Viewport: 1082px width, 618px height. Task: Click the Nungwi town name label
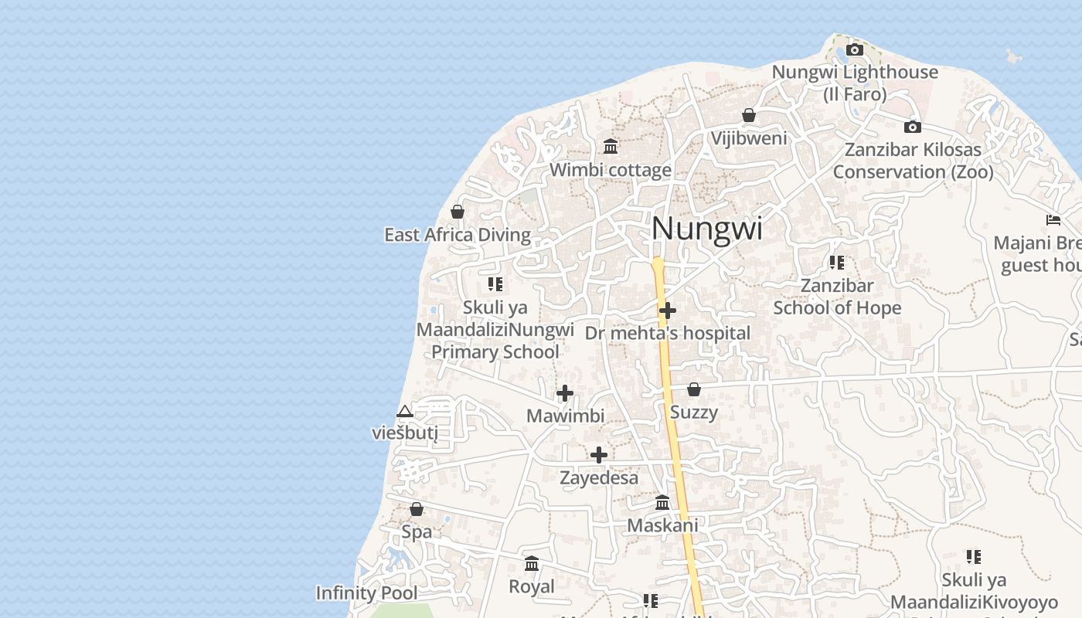click(706, 229)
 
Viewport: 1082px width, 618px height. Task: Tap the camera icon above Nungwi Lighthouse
click(854, 50)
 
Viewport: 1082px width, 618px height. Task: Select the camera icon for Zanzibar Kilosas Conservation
click(913, 127)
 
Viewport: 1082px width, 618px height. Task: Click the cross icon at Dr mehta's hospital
click(668, 311)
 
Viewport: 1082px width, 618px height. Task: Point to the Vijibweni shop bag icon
click(748, 116)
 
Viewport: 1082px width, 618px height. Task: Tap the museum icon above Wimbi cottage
click(611, 146)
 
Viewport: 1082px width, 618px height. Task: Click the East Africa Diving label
click(458, 235)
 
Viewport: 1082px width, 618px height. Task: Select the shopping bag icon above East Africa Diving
click(458, 212)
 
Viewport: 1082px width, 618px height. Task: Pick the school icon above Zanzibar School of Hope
click(836, 263)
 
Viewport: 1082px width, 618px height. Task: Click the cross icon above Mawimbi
click(565, 393)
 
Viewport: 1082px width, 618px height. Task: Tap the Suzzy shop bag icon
click(694, 389)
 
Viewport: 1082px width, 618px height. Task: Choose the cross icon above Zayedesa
click(599, 455)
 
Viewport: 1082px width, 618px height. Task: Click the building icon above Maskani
click(662, 503)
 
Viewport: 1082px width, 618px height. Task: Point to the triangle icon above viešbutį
click(404, 411)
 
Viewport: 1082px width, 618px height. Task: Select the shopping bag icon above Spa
click(417, 509)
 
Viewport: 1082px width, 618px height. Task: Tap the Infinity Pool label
click(366, 593)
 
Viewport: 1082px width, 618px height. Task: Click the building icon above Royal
click(532, 564)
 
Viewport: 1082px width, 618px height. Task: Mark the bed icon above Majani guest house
click(1053, 220)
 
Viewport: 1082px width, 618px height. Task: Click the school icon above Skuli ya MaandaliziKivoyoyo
click(974, 556)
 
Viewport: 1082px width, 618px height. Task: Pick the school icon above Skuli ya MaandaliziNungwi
click(495, 284)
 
